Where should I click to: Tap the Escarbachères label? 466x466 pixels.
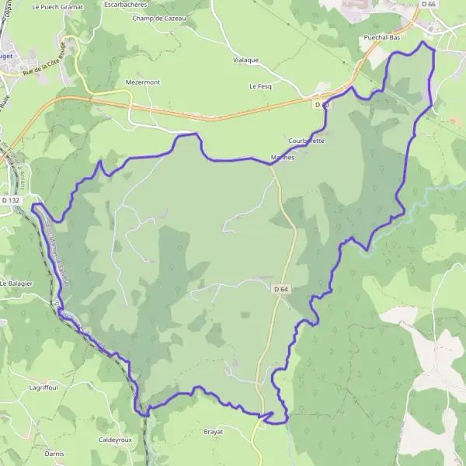pos(125,5)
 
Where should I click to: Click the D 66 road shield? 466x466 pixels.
pos(429,5)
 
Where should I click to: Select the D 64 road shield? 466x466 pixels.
pos(281,290)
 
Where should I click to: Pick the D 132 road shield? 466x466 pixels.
pos(11,200)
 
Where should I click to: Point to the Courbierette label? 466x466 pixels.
pos(306,141)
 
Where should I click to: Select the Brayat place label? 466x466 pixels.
pos(213,431)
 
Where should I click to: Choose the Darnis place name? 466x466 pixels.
pos(54,453)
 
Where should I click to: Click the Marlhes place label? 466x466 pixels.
pos(282,157)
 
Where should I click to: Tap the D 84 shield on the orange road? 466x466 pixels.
pos(322,104)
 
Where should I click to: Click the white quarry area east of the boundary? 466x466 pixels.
pos(435,365)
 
